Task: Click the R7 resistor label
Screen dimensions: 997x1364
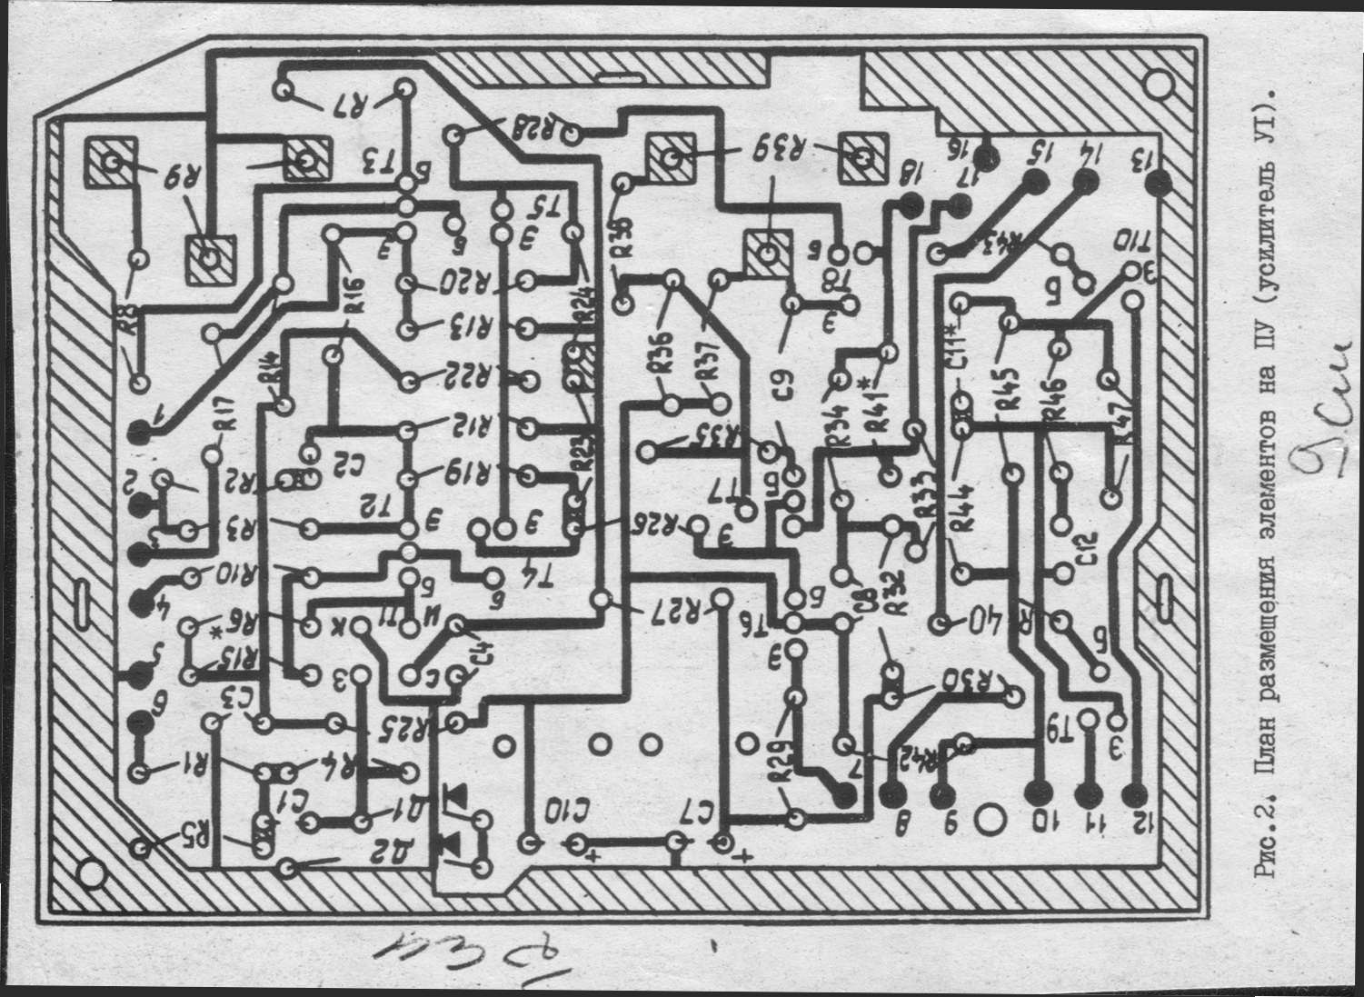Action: pyautogui.click(x=347, y=105)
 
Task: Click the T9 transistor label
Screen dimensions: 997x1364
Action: pyautogui.click(x=1062, y=724)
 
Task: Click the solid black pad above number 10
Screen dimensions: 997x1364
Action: pyautogui.click(x=1037, y=792)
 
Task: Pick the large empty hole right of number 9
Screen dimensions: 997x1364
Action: pyautogui.click(x=987, y=821)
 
